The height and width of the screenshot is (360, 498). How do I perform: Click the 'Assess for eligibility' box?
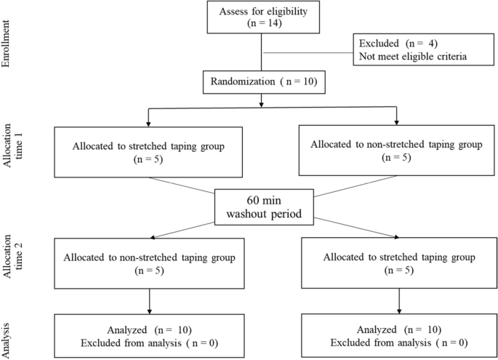tap(261, 17)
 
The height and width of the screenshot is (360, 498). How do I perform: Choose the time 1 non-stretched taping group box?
tap(396, 151)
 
